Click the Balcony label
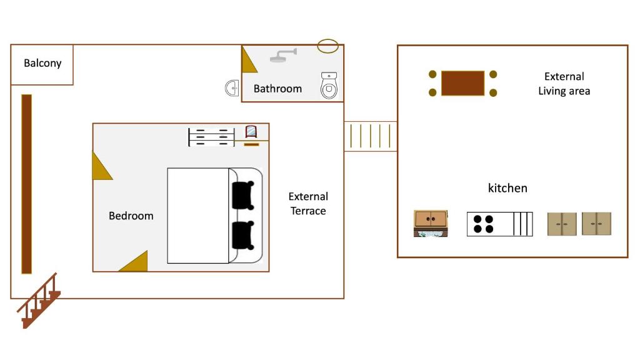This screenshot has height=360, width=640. [42, 63]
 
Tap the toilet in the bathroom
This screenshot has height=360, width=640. [329, 86]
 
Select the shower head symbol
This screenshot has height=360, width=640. [283, 56]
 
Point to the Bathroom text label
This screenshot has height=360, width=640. [277, 89]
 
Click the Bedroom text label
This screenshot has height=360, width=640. [131, 216]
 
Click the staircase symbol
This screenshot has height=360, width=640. [39, 301]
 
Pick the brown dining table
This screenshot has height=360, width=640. [462, 83]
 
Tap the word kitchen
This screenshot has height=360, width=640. [507, 188]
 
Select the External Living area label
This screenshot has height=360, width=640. [564, 84]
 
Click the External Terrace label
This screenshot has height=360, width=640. [307, 204]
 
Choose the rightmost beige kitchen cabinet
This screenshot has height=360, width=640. [596, 224]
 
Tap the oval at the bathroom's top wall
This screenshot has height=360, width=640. [328, 46]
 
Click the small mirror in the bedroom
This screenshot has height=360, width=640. [251, 131]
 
